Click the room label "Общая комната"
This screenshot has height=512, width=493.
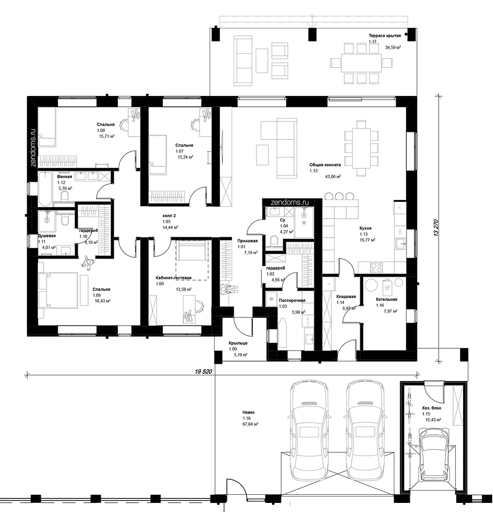point(325,165)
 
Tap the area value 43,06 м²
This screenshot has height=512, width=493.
point(333,176)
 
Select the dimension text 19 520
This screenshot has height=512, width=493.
point(203,371)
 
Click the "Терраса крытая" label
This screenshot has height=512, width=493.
point(385,35)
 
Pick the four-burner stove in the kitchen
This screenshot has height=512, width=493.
point(376,268)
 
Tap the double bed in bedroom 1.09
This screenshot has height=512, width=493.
point(58,291)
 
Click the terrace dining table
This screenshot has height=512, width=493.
point(361,63)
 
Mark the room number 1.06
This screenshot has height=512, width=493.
point(160,284)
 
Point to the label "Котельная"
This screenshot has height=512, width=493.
point(387,300)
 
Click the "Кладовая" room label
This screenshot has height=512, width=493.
point(346,297)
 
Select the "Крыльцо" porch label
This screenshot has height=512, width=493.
point(238,343)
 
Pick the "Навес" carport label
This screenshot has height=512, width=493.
point(248,412)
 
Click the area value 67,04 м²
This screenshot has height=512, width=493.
point(250,424)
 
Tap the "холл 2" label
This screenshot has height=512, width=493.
point(169,216)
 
